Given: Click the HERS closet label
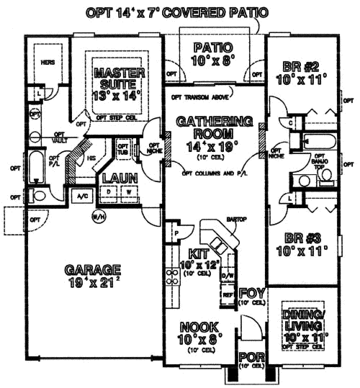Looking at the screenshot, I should point(48,63).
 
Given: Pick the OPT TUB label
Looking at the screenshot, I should point(123,149).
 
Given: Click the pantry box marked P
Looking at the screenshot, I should point(175,234).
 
